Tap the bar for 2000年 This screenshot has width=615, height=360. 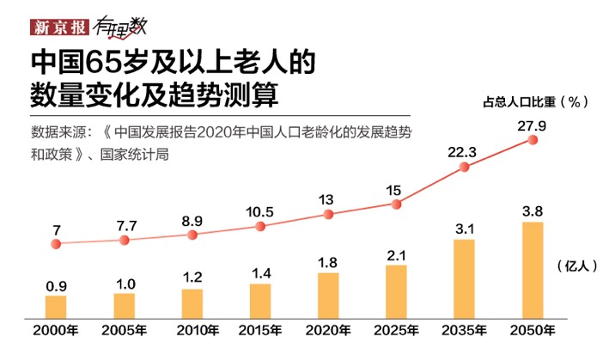pyautogui.click(x=56, y=307)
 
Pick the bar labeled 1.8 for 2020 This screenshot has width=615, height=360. pyautogui.click(x=328, y=296)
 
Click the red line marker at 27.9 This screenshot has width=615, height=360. pyautogui.click(x=533, y=139)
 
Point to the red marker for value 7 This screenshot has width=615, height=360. pyautogui.click(x=56, y=244)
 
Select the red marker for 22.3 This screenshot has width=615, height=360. pyautogui.click(x=465, y=168)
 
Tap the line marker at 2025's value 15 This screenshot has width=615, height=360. pyautogui.click(x=396, y=204)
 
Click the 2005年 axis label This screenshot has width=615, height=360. pyautogui.click(x=125, y=331)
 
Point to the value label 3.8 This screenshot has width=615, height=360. pyautogui.click(x=533, y=211)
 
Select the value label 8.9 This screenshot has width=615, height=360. pyautogui.click(x=192, y=221)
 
